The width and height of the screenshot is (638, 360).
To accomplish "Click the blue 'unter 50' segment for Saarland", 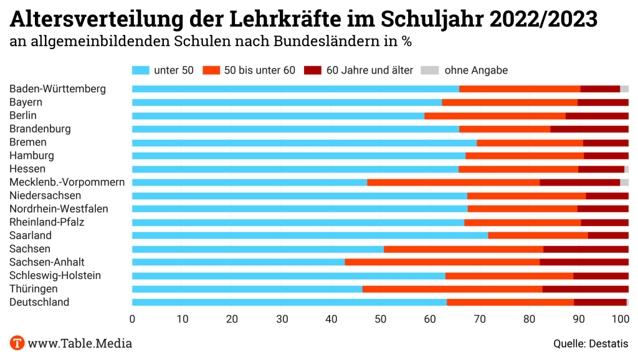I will tap(310, 235).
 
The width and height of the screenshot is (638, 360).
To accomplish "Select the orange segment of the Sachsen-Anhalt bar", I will tap(442, 262).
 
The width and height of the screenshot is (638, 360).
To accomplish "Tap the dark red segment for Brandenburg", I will tap(589, 129).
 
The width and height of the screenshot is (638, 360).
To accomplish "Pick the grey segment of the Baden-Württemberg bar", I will tap(624, 89).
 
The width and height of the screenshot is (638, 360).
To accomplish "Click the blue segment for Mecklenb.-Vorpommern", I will tap(249, 182).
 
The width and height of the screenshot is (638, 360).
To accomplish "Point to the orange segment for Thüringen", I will tap(452, 289).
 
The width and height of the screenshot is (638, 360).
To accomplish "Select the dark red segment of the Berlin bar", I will tap(597, 116).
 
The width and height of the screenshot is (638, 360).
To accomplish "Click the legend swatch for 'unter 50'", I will tap(141, 70).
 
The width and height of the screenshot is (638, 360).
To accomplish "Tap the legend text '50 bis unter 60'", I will tap(259, 70).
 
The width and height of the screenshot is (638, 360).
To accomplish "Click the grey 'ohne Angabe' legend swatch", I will tap(430, 70).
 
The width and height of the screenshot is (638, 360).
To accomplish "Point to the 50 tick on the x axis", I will tap(381, 319).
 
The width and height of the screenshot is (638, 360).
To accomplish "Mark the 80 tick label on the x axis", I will tap(530, 319).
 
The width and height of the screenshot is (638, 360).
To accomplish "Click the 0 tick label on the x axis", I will tap(132, 319).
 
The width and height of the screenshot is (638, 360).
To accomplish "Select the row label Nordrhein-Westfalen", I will tap(59, 209).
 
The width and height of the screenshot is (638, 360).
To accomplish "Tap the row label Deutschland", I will tap(39, 302).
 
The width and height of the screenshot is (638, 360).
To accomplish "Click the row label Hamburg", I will tap(32, 156).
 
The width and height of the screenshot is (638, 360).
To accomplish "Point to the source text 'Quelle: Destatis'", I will tap(591, 343).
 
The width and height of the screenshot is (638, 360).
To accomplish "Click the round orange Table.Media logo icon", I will tap(17, 343).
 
